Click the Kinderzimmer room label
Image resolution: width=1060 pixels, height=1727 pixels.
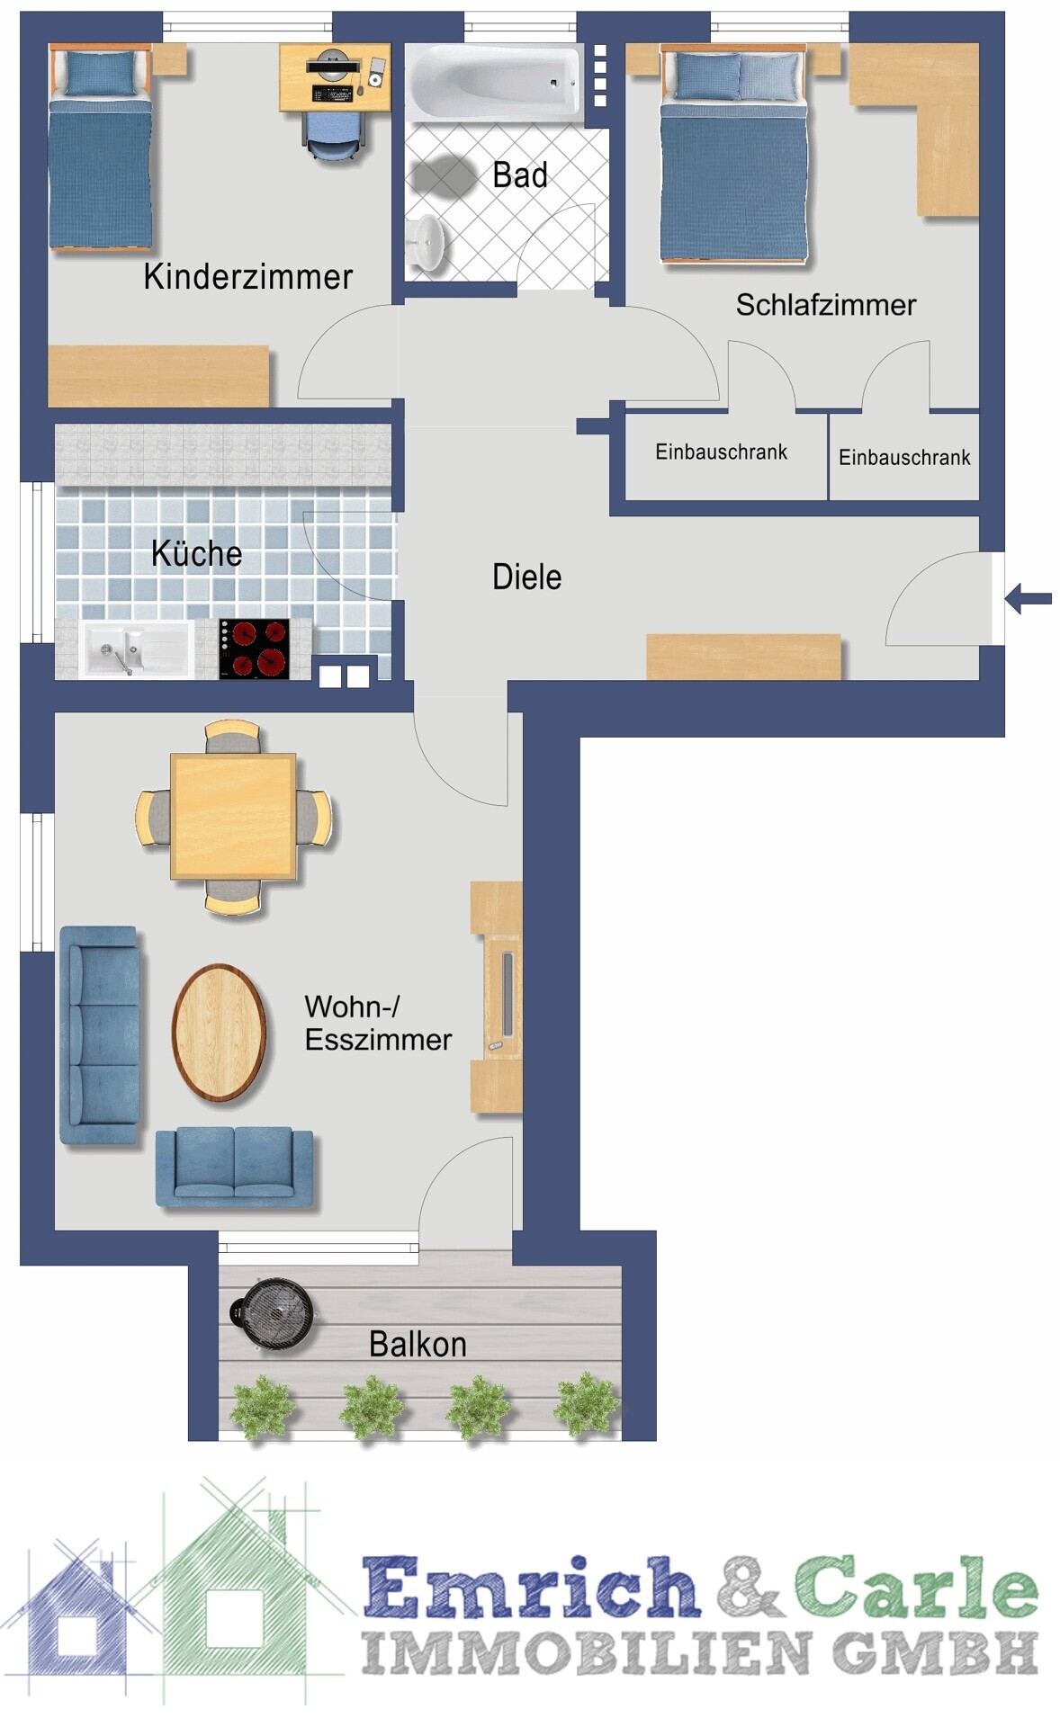pos(247,277)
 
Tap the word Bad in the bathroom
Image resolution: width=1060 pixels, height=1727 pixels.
pos(520,174)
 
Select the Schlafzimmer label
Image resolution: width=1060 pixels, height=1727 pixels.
pos(826,305)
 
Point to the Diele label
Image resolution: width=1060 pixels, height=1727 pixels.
pos(526,577)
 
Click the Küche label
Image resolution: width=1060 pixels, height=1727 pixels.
pos(196,553)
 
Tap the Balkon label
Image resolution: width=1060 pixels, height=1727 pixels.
pos(418,1344)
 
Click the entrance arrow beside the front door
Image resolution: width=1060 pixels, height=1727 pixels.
pos(1028,598)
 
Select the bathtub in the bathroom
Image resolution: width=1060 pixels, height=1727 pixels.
pos(493,83)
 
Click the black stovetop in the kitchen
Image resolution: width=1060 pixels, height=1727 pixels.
pos(254,648)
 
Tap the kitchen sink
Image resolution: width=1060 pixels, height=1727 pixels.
pos(137,649)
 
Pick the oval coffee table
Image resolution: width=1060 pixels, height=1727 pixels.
pos(219,1033)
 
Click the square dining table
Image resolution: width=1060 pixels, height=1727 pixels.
pos(233,816)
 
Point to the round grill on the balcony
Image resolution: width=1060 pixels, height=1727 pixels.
pos(274,1312)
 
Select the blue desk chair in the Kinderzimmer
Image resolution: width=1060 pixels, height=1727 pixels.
pos(334,135)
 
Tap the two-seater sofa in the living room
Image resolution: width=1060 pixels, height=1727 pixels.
pos(234,1166)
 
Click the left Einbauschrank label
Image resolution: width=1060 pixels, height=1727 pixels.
pos(721,452)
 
